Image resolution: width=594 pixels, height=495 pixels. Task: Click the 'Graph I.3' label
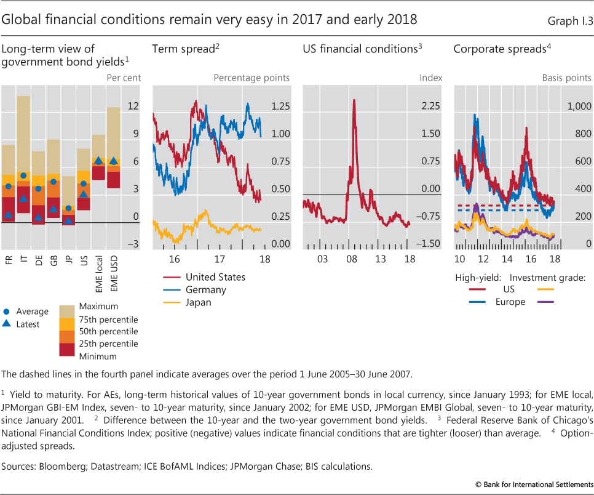coord(569,20)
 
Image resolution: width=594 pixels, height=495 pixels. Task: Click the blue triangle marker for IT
coord(23,198)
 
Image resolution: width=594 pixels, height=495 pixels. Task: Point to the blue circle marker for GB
coord(53,182)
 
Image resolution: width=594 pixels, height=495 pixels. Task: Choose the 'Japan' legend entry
coord(198,302)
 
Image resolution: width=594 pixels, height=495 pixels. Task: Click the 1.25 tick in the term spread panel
coord(280,107)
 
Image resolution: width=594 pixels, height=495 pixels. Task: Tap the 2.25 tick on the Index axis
coord(430,107)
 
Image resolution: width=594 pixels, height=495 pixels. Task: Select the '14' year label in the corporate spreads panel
coord(507,258)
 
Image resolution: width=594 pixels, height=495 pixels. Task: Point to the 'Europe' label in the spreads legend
coord(510,302)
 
